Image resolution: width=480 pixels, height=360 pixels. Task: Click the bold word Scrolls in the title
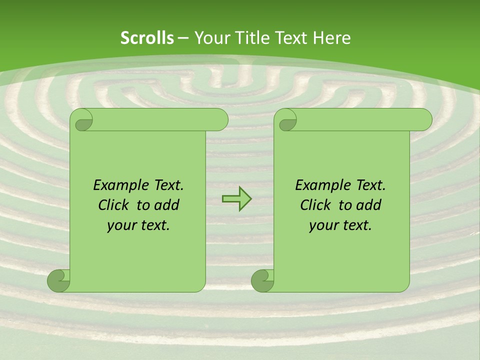(147, 38)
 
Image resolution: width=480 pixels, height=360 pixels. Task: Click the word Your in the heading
(209, 38)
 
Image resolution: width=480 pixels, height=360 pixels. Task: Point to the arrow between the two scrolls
(236, 198)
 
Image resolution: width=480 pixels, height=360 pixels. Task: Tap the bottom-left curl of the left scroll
(59, 280)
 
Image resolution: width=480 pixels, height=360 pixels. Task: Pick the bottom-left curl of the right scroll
(262, 280)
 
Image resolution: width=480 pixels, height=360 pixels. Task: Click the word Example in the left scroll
(118, 185)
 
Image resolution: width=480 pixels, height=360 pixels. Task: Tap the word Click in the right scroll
(315, 205)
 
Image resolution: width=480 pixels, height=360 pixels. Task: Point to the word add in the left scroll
(166, 205)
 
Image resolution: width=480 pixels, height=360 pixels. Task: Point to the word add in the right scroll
(369, 205)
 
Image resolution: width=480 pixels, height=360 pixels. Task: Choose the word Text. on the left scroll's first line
(166, 185)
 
